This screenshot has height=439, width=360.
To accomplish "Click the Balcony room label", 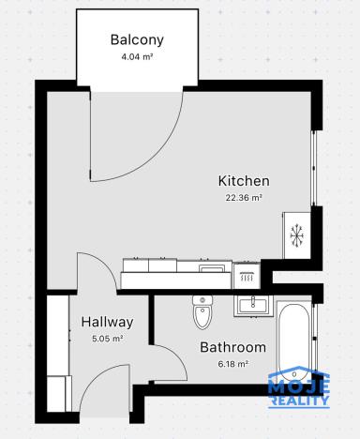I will tap(137, 40).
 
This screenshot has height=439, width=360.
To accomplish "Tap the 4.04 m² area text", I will tap(137, 56).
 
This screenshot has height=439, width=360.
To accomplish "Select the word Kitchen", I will tap(244, 181).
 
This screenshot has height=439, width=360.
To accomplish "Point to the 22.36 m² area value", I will tap(244, 198).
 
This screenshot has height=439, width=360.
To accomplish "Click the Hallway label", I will tap(107, 322).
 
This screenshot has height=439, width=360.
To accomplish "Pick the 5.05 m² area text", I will tap(107, 339).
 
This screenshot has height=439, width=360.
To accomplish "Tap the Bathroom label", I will tap(232, 347).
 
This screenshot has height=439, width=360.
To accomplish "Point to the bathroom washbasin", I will tap(251, 303).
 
